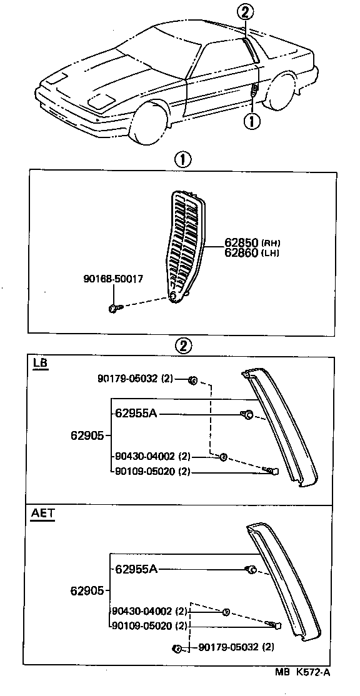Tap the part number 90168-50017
point(112,279)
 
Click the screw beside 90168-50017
point(113,307)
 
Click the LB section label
point(41,363)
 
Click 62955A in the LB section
point(135,413)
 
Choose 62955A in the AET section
point(135,569)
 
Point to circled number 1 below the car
point(252,121)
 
